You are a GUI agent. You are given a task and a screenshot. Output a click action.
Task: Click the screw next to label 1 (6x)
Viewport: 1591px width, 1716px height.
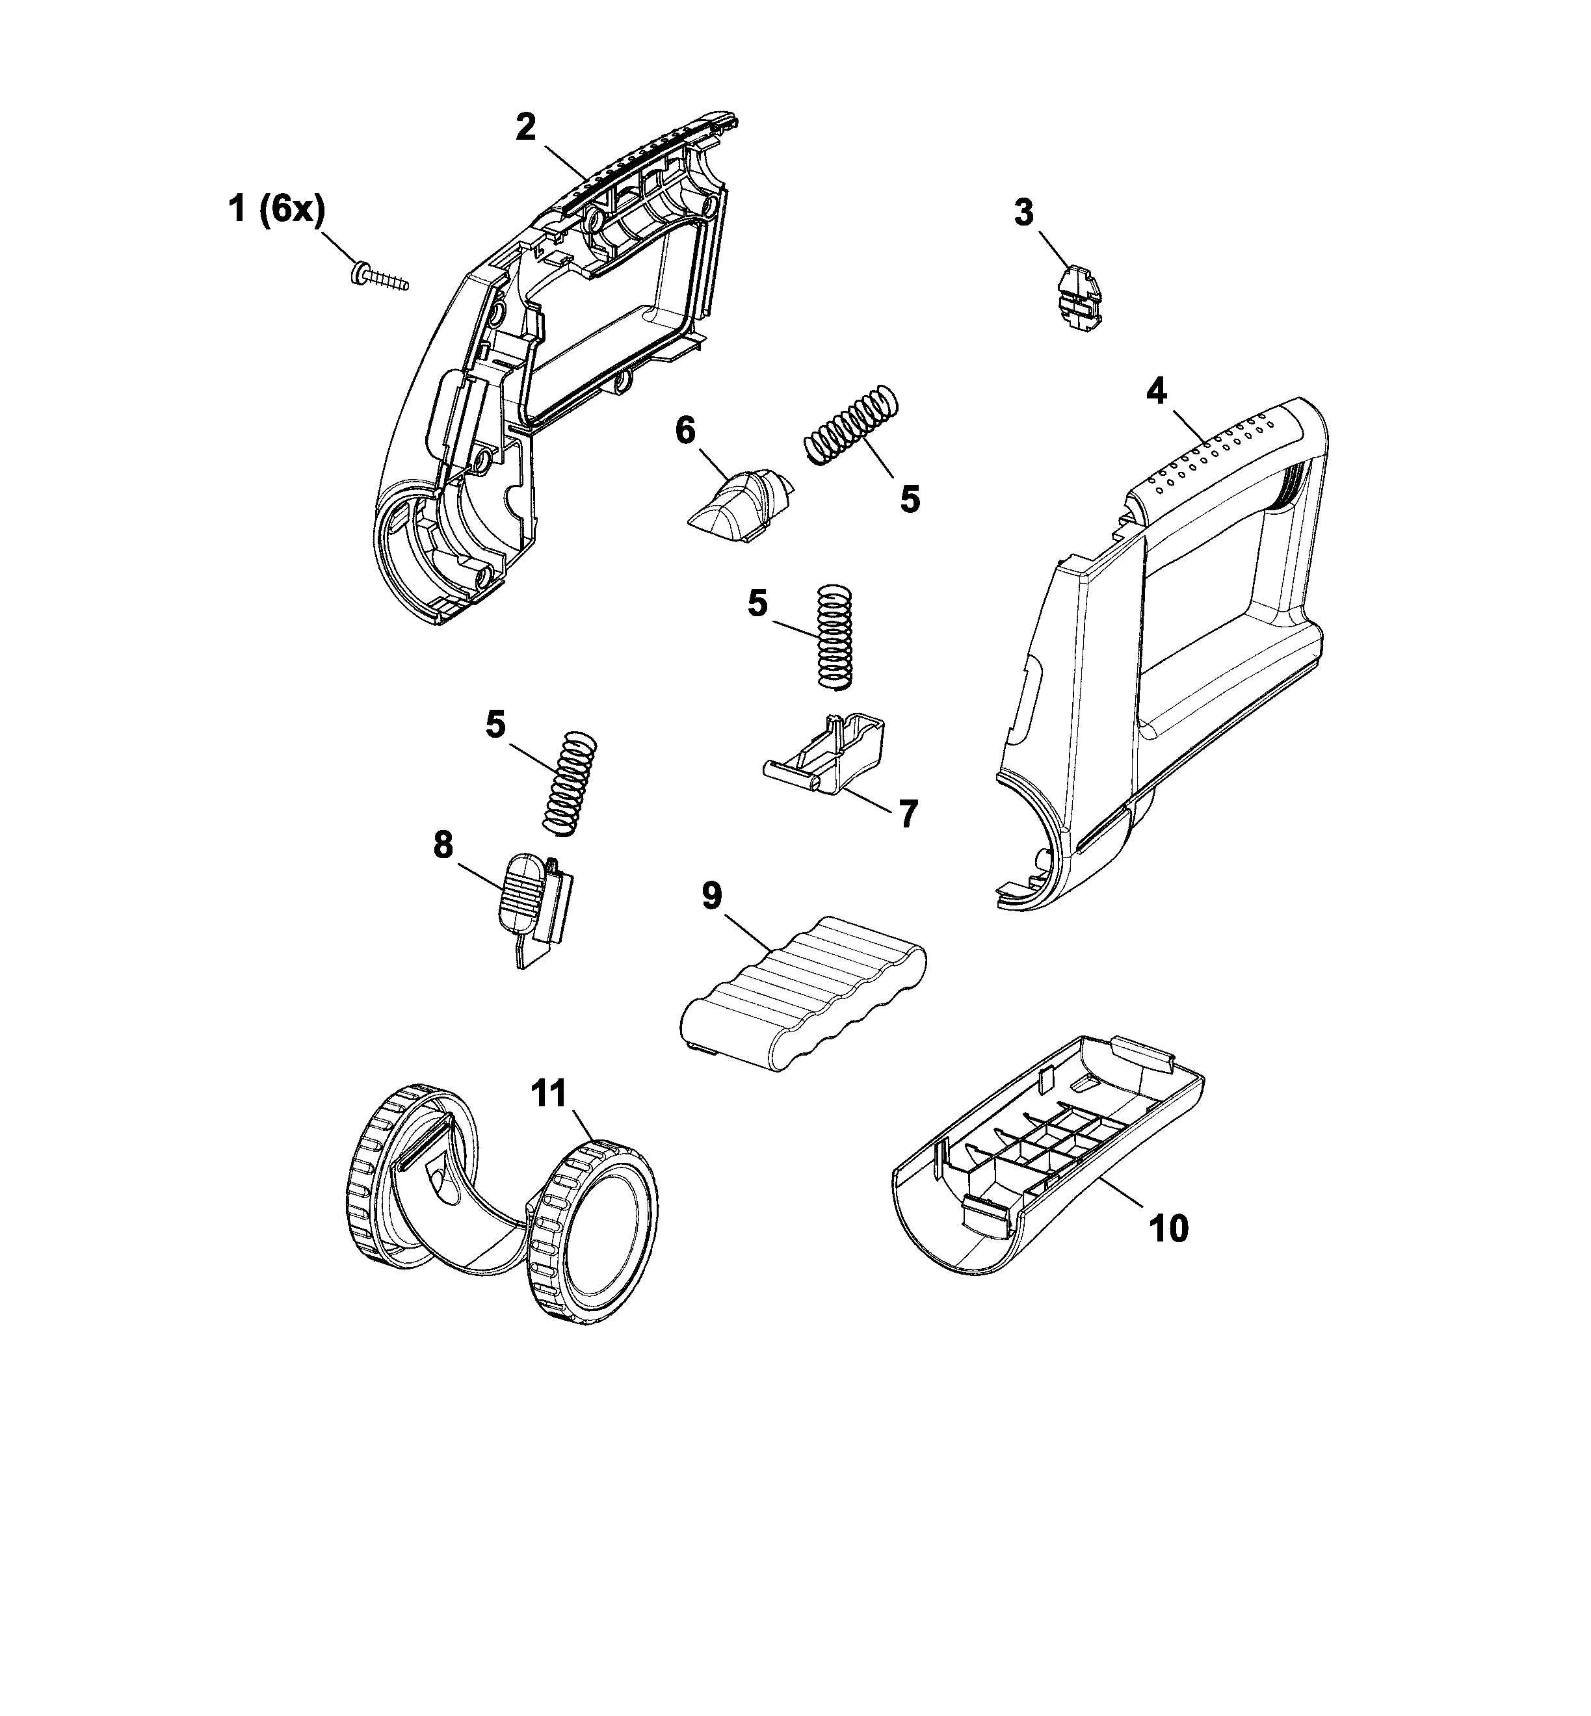380,279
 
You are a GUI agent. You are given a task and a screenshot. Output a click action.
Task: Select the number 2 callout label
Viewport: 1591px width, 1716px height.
526,127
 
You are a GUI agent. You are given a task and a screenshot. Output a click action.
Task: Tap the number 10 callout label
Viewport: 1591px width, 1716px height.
1168,1229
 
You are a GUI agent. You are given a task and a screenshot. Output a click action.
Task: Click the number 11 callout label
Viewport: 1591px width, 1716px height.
549,1094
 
